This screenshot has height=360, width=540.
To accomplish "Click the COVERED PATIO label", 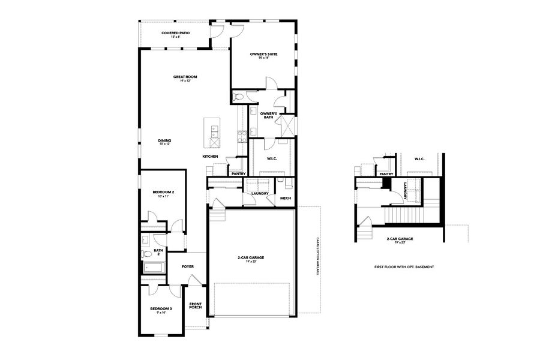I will pyautogui.click(x=175, y=32).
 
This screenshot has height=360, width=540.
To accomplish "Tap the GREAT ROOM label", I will pyautogui.click(x=185, y=76).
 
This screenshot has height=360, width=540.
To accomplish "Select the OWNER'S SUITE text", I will pyautogui.click(x=263, y=54).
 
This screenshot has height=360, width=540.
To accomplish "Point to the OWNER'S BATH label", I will pyautogui.click(x=268, y=115).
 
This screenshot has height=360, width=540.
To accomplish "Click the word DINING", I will pyautogui.click(x=164, y=140).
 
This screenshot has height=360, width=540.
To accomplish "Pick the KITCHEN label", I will pyautogui.click(x=209, y=156).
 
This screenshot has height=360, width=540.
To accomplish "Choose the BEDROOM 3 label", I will pyautogui.click(x=161, y=308).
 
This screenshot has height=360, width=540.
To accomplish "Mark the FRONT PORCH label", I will pyautogui.click(x=196, y=305).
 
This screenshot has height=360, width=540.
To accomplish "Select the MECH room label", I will pyautogui.click(x=285, y=198).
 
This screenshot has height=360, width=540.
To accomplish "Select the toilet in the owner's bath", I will pyautogui.click(x=239, y=97).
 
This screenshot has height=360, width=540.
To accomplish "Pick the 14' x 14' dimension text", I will pyautogui.click(x=263, y=58).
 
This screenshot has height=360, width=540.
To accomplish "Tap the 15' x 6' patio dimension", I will pyautogui.click(x=175, y=37).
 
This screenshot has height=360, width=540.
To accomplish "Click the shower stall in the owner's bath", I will pyautogui.click(x=286, y=125).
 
